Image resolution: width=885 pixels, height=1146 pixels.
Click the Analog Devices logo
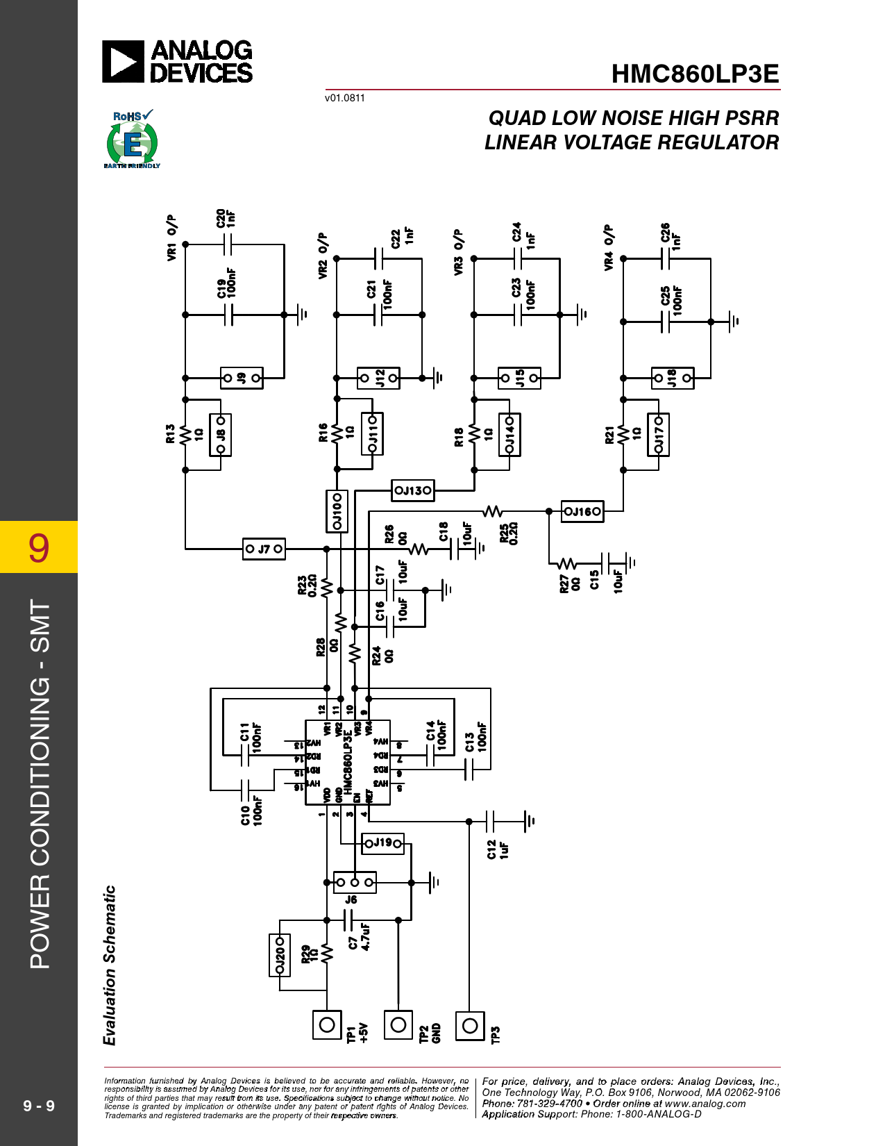pos(178,61)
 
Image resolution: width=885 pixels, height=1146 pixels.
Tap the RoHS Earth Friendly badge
pos(132,140)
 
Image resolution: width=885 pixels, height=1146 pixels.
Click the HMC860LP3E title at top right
pos(695,74)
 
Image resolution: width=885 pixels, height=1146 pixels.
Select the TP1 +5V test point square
pos(327,1024)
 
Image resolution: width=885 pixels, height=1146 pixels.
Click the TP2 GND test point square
pos(398,1024)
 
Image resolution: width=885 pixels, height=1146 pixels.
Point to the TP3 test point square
pos(470,1025)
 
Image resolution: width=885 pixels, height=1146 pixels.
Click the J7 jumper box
pos(264,549)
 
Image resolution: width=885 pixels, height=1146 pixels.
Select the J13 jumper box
pos(413,490)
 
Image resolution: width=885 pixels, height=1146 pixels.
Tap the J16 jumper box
pos(582,512)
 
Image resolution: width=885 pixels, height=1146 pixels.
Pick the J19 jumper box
pos(383,843)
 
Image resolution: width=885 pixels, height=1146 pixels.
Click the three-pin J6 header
pos(355,882)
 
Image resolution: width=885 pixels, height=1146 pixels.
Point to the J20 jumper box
pos(280,955)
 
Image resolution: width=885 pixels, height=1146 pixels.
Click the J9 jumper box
pos(242,378)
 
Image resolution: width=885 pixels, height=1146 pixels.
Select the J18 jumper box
pos(672,378)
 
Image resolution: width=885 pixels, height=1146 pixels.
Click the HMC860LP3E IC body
pos(348,762)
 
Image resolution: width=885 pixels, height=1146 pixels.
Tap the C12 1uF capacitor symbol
pos(490,821)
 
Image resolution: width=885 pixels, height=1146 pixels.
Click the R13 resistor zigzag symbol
pos(185,435)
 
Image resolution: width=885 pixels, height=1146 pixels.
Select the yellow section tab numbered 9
pos(39,547)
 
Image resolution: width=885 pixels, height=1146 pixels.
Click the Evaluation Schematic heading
pos(110,965)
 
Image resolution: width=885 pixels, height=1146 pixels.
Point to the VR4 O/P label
pos(609,247)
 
